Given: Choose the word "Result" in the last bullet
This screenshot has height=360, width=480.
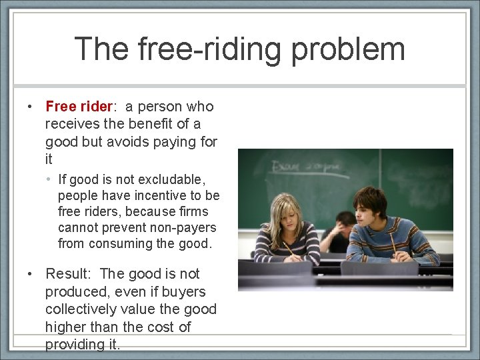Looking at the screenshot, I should (67, 274).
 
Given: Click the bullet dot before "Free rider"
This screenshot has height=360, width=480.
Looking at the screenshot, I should (31, 107).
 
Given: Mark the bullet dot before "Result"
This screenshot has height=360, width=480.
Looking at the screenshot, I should (31, 275).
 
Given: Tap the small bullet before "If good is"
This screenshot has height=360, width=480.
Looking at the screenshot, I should (50, 180).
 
